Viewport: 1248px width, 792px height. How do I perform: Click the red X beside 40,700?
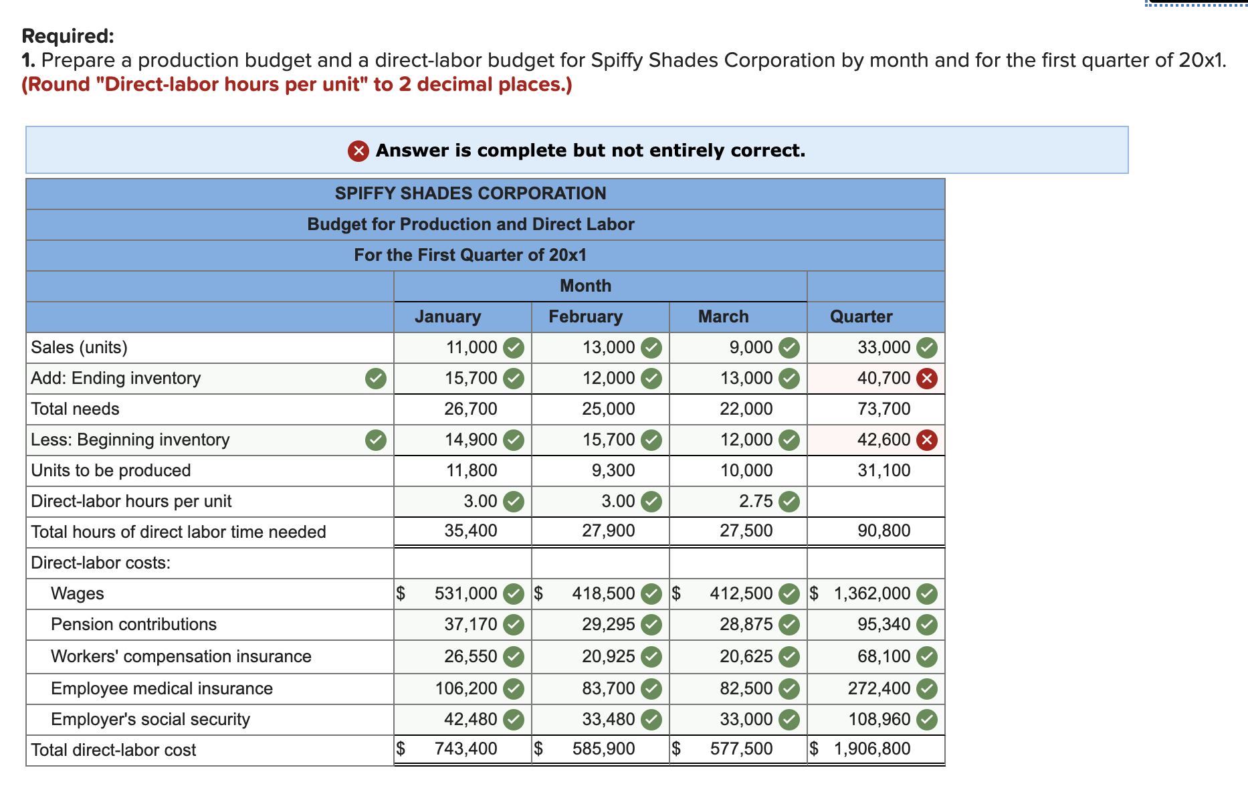[926, 379]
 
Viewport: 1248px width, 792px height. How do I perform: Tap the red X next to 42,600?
[926, 440]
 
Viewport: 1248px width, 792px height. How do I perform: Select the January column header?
[447, 316]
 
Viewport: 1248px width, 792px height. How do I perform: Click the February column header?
[585, 316]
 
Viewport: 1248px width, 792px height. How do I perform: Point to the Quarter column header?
[861, 316]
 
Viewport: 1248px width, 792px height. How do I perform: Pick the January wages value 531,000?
[465, 593]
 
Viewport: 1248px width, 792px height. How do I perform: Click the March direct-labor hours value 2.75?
[756, 501]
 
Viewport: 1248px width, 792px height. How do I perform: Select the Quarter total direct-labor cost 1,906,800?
[871, 749]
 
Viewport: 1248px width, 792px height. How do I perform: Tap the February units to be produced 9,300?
[613, 470]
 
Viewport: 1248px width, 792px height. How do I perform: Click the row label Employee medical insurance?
[162, 688]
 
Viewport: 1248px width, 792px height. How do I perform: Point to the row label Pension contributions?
[134, 624]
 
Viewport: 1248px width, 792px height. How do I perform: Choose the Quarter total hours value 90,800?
[883, 530]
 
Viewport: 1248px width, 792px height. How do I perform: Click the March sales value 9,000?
[751, 347]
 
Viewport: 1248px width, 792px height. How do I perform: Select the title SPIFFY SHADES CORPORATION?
[470, 193]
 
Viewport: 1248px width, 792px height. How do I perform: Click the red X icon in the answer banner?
[358, 151]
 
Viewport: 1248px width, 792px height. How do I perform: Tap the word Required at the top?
[68, 35]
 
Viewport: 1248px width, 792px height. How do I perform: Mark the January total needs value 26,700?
[470, 409]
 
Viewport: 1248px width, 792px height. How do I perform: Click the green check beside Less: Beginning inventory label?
[376, 440]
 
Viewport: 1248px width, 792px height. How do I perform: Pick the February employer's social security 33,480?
[608, 719]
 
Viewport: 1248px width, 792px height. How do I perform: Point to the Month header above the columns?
[585, 286]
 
